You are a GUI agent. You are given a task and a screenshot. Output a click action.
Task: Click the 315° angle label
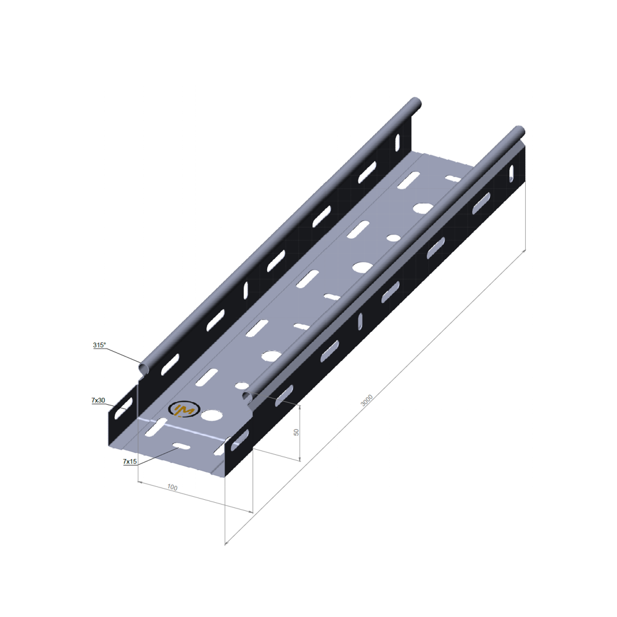point(99,345)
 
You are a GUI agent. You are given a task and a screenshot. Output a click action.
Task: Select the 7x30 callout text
point(98,400)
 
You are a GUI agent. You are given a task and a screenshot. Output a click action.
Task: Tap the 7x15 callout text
point(130,461)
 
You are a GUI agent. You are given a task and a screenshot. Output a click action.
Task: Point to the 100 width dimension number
point(172,487)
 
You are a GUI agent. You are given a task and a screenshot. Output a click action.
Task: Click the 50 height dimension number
point(296,432)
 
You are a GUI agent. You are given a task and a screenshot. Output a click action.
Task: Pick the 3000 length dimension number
point(366,400)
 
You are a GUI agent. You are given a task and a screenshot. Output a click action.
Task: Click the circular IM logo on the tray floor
point(184,410)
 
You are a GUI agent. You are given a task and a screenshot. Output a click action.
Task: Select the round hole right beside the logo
point(212,415)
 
